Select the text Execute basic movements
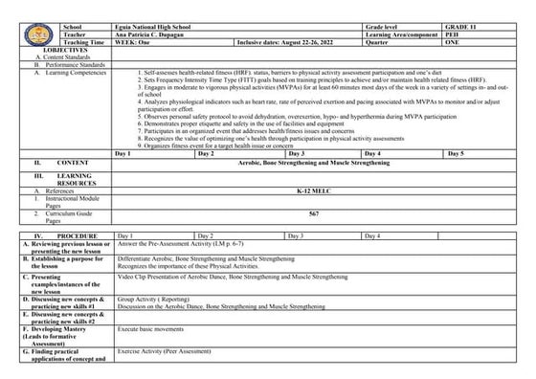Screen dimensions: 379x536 click(x=153, y=328)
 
